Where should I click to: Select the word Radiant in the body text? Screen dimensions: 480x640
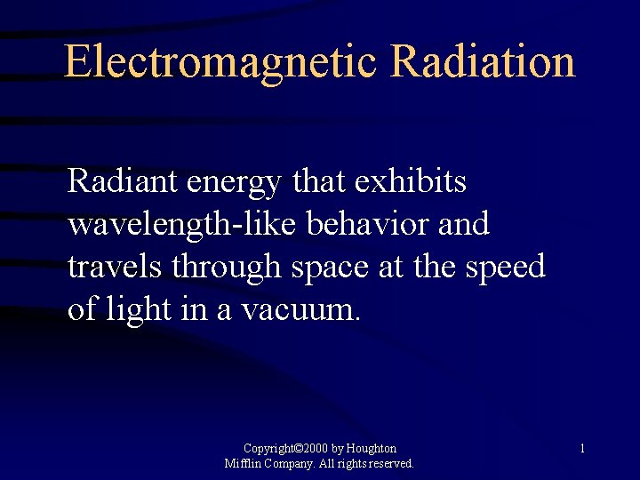(124, 181)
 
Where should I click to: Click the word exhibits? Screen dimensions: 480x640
(410, 181)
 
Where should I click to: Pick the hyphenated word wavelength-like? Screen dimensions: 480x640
(183, 225)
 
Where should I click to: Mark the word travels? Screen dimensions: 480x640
(116, 267)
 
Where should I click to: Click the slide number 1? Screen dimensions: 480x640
(581, 449)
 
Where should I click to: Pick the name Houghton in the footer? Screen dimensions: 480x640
(372, 449)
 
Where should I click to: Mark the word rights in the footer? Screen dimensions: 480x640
(349, 464)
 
